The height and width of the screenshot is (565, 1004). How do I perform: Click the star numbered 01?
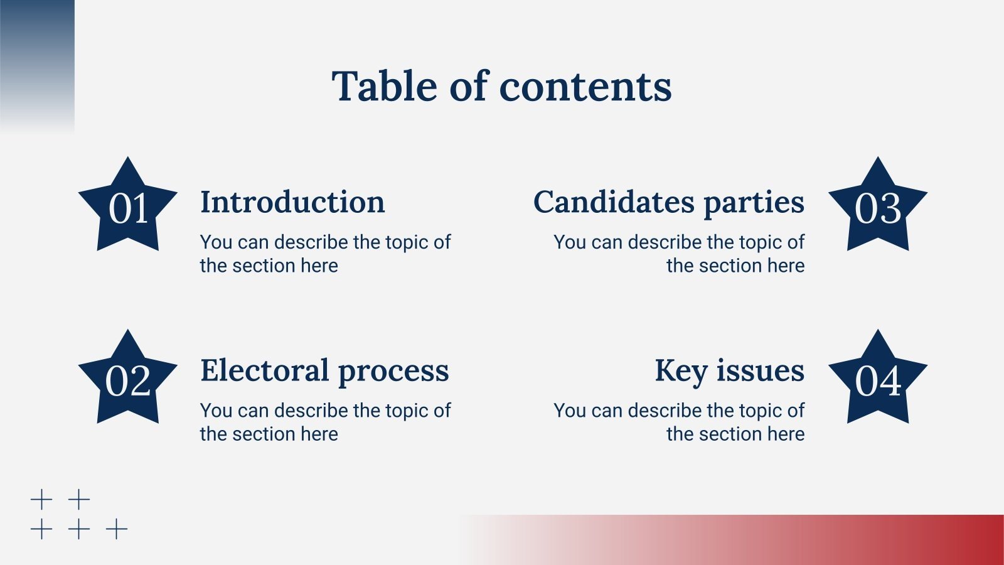click(x=128, y=208)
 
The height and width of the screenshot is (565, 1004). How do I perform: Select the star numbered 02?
click(x=128, y=380)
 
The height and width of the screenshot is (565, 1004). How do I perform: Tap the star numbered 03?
click(x=877, y=208)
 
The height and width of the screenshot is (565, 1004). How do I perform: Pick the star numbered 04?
click(x=877, y=380)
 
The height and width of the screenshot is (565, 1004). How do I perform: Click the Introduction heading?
click(x=292, y=202)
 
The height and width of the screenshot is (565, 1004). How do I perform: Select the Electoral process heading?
click(x=324, y=370)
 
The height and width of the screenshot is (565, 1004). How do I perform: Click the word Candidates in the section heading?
click(x=614, y=202)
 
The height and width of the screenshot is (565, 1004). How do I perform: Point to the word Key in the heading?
click(x=680, y=370)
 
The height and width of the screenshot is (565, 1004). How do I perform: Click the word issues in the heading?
click(x=761, y=370)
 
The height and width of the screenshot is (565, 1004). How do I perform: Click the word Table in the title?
click(x=385, y=86)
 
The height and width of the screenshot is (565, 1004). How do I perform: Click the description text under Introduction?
click(x=325, y=254)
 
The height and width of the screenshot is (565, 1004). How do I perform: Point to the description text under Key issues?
click(x=679, y=422)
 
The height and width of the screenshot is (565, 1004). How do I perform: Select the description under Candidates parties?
click(x=679, y=254)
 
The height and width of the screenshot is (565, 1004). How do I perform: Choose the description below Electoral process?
click(x=325, y=422)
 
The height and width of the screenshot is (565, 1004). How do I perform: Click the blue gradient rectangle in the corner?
click(x=37, y=63)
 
